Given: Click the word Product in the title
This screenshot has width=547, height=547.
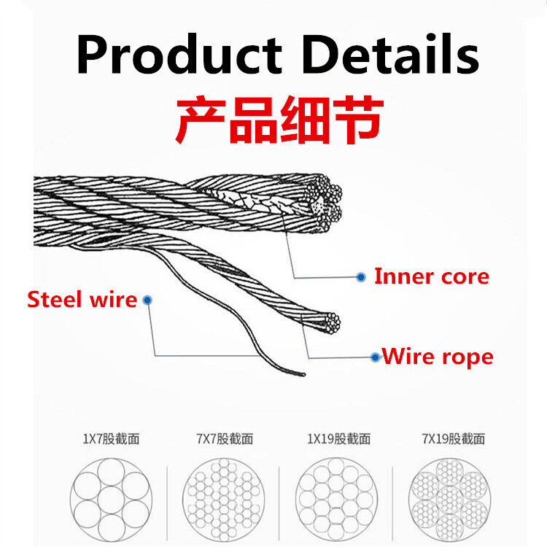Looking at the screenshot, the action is click(x=179, y=53).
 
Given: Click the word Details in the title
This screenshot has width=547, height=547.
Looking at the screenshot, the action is click(x=391, y=53).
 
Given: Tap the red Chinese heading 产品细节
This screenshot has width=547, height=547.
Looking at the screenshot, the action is click(x=279, y=120).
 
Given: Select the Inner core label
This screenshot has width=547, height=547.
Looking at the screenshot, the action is click(x=432, y=276).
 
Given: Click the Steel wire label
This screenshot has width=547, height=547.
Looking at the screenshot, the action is click(x=82, y=299).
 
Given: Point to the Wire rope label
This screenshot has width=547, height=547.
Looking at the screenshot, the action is click(x=438, y=357).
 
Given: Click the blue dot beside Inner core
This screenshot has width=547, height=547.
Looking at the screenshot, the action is click(x=361, y=277).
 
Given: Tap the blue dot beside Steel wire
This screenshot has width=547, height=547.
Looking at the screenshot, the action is click(x=147, y=300).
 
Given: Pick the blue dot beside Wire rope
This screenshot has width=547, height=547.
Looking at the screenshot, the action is click(x=376, y=357).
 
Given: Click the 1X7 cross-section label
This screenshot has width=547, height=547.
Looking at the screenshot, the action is click(x=111, y=438).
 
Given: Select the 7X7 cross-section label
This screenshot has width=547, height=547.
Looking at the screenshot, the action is click(x=225, y=438).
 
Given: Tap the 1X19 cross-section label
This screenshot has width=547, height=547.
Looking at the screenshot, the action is click(x=338, y=438).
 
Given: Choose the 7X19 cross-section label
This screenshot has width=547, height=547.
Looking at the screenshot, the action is click(x=453, y=438).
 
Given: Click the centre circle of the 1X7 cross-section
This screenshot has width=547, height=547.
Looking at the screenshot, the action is click(x=111, y=500).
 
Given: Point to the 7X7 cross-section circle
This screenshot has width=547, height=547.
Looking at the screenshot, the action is click(x=223, y=500).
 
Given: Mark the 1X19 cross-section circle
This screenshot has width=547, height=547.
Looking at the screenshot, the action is click(x=337, y=500).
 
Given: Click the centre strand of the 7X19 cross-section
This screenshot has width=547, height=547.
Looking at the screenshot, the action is click(x=450, y=500).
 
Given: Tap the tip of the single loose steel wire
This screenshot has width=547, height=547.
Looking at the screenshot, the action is click(x=304, y=375).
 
